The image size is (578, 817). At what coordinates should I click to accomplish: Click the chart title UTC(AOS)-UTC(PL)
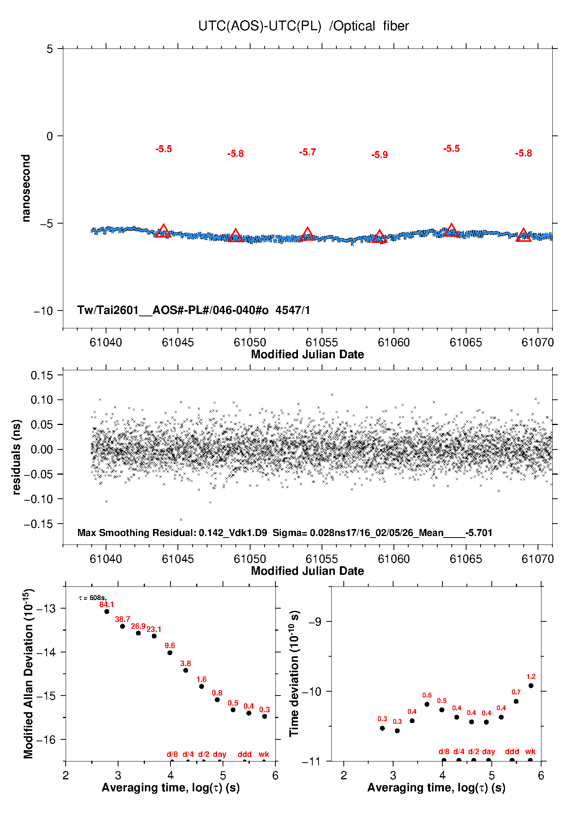click(x=259, y=26)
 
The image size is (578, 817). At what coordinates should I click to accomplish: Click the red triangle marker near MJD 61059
click(x=380, y=236)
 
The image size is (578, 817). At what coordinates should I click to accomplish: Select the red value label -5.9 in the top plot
click(x=380, y=155)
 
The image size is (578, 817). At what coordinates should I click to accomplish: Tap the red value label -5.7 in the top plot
click(x=308, y=152)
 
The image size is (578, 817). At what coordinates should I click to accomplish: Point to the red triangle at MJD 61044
click(x=164, y=231)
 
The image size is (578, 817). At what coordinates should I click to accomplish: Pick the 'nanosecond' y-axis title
click(x=26, y=188)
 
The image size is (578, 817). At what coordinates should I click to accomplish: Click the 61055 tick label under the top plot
click(x=322, y=342)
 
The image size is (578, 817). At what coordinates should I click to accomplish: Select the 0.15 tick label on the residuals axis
click(x=42, y=375)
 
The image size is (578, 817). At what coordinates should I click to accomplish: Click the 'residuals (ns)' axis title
click(x=16, y=457)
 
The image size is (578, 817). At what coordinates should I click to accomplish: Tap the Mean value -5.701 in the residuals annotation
click(x=479, y=533)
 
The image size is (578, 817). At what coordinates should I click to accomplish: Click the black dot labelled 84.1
click(x=107, y=611)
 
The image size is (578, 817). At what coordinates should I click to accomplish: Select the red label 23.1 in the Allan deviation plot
click(x=154, y=629)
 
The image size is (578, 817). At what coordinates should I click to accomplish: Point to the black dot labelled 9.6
click(x=170, y=652)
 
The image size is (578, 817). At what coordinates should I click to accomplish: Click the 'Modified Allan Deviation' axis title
click(x=28, y=673)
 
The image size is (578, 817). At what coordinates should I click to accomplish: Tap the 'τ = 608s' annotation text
click(x=92, y=598)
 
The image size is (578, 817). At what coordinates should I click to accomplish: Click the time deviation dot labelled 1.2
click(x=531, y=685)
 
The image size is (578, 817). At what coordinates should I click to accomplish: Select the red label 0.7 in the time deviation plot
click(x=516, y=692)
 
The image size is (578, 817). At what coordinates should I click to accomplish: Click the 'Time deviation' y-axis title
click(x=294, y=673)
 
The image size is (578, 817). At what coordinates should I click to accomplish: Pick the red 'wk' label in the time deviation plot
click(x=530, y=751)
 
